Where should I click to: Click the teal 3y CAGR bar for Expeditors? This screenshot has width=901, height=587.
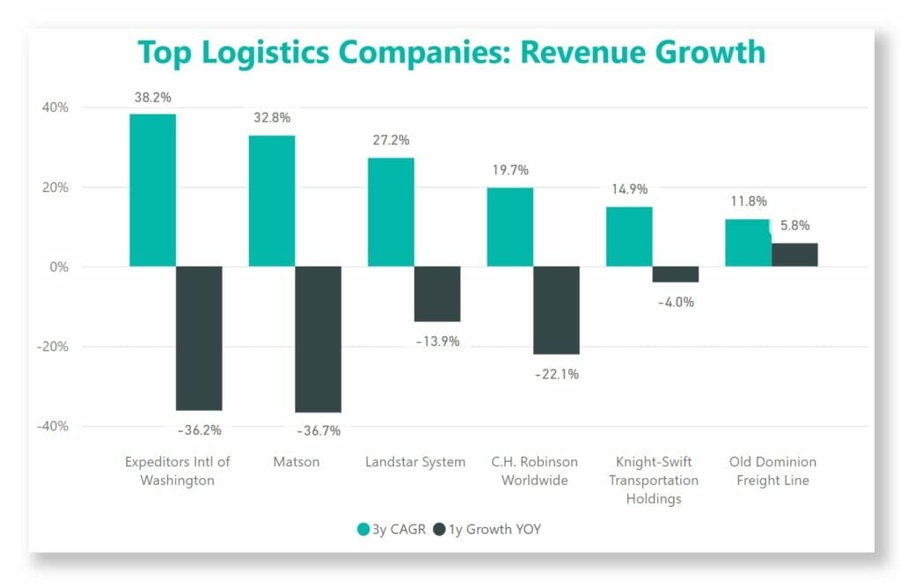tap(152, 190)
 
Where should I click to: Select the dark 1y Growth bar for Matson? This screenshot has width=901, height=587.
tap(318, 339)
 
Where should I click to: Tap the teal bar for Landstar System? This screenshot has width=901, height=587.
tap(391, 212)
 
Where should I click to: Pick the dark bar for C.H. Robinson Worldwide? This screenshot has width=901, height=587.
tap(556, 310)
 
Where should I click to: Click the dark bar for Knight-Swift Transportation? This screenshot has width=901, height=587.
tap(676, 275)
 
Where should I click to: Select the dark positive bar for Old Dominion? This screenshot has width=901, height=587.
tap(795, 254)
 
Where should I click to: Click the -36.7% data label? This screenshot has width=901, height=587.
tap(319, 430)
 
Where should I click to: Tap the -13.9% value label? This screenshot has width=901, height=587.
tap(437, 341)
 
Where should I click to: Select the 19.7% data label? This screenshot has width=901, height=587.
tap(510, 170)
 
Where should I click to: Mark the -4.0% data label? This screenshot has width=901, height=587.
tap(676, 302)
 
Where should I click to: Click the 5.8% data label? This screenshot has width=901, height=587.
tap(795, 225)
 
